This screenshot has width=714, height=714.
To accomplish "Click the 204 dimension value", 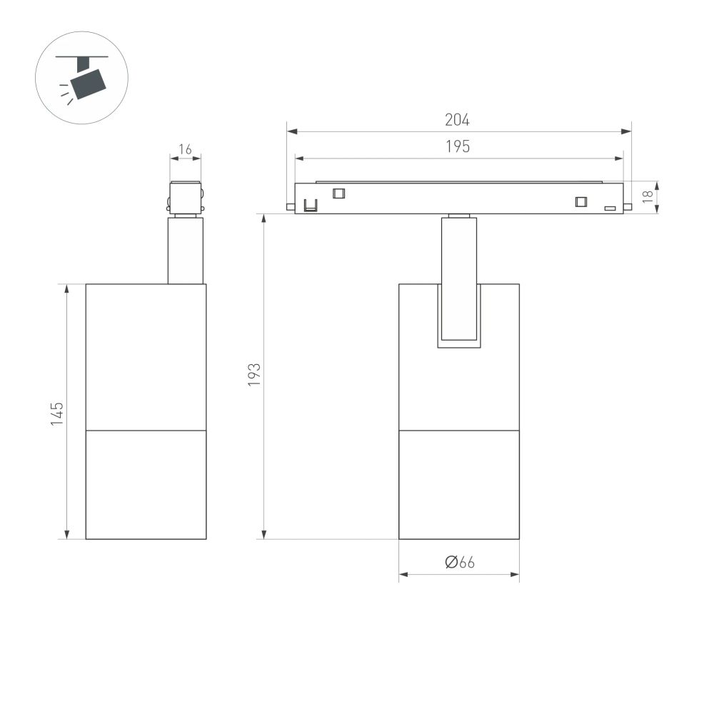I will (458, 120).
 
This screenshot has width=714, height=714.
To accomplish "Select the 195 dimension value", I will (458, 146).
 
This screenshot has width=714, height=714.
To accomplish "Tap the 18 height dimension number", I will (648, 197).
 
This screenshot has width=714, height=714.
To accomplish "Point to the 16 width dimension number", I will (185, 149).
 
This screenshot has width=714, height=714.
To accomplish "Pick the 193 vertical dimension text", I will (254, 375).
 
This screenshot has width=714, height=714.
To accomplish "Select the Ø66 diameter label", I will (459, 563).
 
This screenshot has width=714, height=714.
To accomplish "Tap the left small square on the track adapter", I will (338, 192).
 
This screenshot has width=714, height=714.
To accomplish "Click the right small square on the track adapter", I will (581, 201).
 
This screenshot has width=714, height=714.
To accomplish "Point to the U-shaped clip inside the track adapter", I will (311, 206).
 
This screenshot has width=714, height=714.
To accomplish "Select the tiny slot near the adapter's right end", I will (610, 208).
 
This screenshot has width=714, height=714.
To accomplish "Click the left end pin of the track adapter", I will (291, 207).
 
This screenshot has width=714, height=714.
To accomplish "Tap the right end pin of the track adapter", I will (628, 207).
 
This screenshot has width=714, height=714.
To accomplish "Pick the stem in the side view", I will (186, 250).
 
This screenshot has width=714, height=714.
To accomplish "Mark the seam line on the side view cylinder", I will (146, 431).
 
